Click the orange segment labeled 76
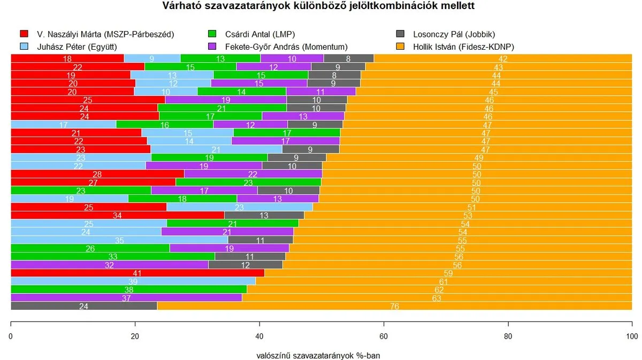tap(394, 306)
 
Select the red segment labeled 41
tap(137, 273)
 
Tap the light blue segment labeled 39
tap(133, 281)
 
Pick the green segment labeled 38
tap(128, 289)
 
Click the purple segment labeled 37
tap(126, 297)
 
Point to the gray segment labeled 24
tap(83, 306)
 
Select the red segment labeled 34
tap(117, 215)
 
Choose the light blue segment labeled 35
tap(119, 240)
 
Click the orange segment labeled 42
tap(503, 58)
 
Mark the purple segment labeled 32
tap(109, 264)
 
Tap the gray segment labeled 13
tap(264, 215)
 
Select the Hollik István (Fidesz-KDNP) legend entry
tap(463, 47)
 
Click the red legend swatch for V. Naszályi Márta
tap(24, 35)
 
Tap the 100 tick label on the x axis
tap(632, 336)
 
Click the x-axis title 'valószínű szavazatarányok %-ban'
tap(318, 355)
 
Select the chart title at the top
tap(318, 6)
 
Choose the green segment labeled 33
tap(113, 256)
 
